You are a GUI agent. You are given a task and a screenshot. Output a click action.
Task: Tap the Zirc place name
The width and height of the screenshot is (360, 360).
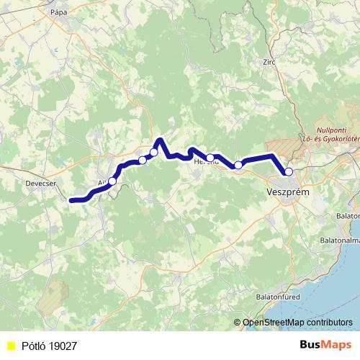click(269, 62)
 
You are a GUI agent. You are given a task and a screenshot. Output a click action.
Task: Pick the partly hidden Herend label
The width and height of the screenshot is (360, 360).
click(205, 163)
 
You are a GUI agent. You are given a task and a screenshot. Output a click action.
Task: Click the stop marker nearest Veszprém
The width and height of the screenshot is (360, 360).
click(289, 171)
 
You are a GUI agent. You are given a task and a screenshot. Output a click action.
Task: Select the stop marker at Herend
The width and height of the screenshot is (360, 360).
click(210, 158)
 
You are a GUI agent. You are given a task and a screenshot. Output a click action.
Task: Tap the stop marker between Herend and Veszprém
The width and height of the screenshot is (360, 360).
click(238, 165)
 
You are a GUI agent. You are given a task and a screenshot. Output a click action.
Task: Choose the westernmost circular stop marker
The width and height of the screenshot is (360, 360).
click(112, 181)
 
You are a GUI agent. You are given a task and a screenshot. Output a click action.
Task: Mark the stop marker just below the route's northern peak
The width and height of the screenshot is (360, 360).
click(153, 152)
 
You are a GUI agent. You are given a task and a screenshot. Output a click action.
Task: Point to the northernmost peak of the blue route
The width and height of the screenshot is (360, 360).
click(160, 139)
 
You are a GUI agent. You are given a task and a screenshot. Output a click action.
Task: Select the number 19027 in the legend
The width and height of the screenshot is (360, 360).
click(64, 346)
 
